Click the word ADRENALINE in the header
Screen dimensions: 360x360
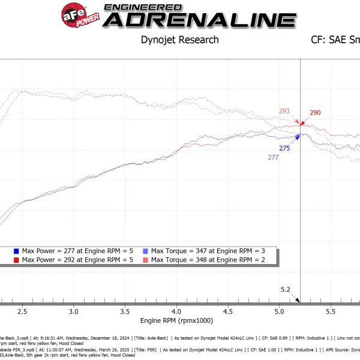click(200, 20)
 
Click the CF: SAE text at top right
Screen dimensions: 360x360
click(335, 40)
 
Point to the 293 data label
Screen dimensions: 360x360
click(284, 111)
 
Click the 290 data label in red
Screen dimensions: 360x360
click(315, 113)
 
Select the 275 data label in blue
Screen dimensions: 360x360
click(284, 148)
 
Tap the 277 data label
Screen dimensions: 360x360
click(273, 157)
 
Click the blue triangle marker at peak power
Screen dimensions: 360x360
click(298, 137)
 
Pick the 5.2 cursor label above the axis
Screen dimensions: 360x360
click(285, 290)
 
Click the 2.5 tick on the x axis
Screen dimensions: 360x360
click(22, 313)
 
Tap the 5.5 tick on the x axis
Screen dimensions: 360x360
click(330, 313)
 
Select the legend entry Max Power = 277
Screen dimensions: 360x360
click(67, 250)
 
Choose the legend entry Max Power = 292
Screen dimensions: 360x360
click(67, 259)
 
